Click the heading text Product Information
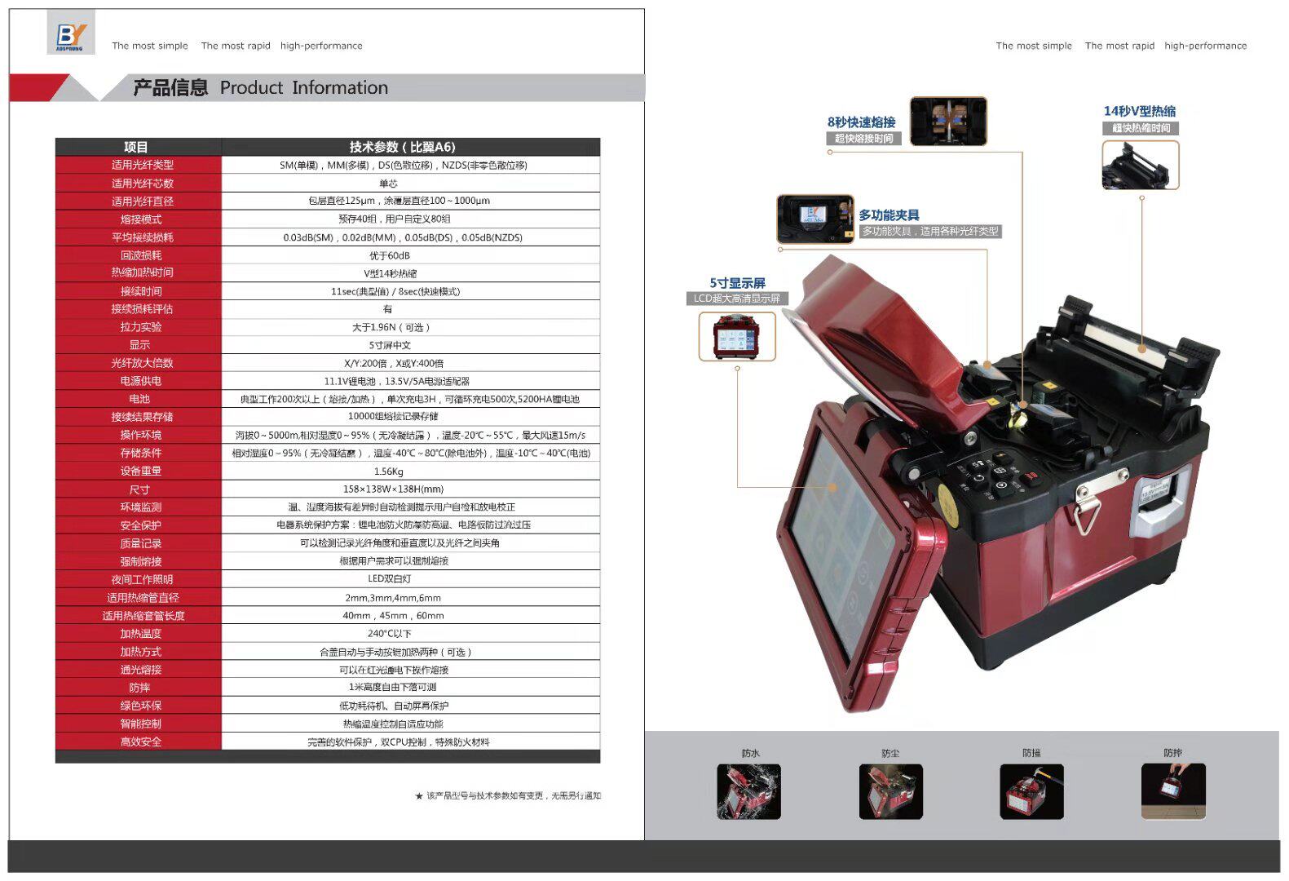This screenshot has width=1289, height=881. tap(303, 88)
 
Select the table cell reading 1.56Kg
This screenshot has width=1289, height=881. tap(388, 471)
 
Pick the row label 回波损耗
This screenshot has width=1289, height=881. tap(140, 255)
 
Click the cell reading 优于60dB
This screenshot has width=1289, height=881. tap(389, 255)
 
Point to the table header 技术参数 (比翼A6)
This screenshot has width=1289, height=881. tap(402, 147)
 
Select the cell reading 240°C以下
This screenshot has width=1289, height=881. tap(389, 634)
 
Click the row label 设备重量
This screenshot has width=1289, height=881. tap(140, 471)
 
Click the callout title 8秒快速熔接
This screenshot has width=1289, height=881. tap(861, 122)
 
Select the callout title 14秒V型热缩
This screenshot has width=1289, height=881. tap(1139, 111)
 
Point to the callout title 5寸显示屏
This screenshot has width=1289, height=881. tap(737, 283)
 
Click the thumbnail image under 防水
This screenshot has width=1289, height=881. tap(748, 791)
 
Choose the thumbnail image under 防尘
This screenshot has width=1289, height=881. tap(890, 791)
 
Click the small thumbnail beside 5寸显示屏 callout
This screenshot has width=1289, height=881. tap(736, 336)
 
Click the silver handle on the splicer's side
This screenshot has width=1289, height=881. tap(1155, 504)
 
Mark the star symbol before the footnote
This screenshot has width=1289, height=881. tap(419, 796)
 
